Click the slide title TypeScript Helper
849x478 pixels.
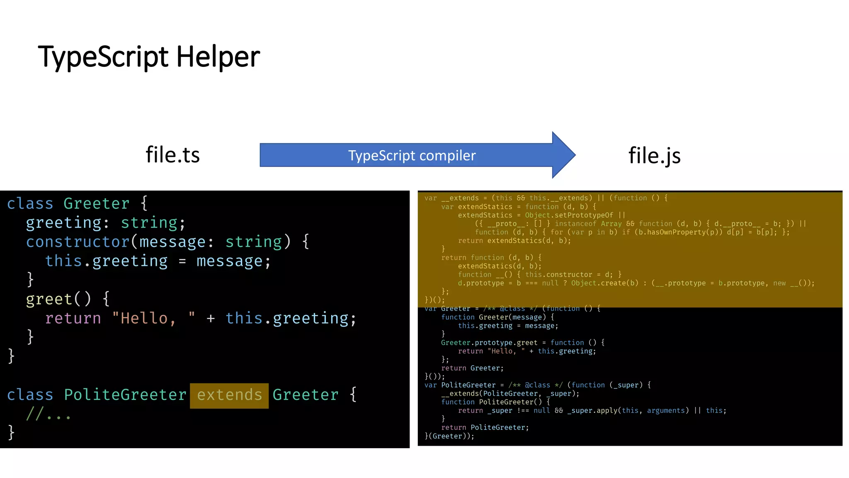pyautogui.click(x=149, y=57)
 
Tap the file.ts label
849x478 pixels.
pyautogui.click(x=172, y=155)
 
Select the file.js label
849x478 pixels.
pyautogui.click(x=654, y=156)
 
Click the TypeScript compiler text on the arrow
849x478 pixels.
pyautogui.click(x=412, y=156)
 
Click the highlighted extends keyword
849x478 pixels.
pyautogui.click(x=229, y=395)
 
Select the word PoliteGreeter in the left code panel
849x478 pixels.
pyautogui.click(x=125, y=395)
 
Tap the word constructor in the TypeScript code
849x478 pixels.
pyautogui.click(x=78, y=242)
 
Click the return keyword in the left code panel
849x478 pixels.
pyautogui.click(x=73, y=318)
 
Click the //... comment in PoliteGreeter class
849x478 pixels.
pyautogui.click(x=48, y=414)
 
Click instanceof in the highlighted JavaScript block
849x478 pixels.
pyautogui.click(x=575, y=224)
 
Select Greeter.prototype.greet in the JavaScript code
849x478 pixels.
pyautogui.click(x=489, y=343)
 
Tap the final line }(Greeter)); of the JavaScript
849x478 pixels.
pyautogui.click(x=449, y=436)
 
